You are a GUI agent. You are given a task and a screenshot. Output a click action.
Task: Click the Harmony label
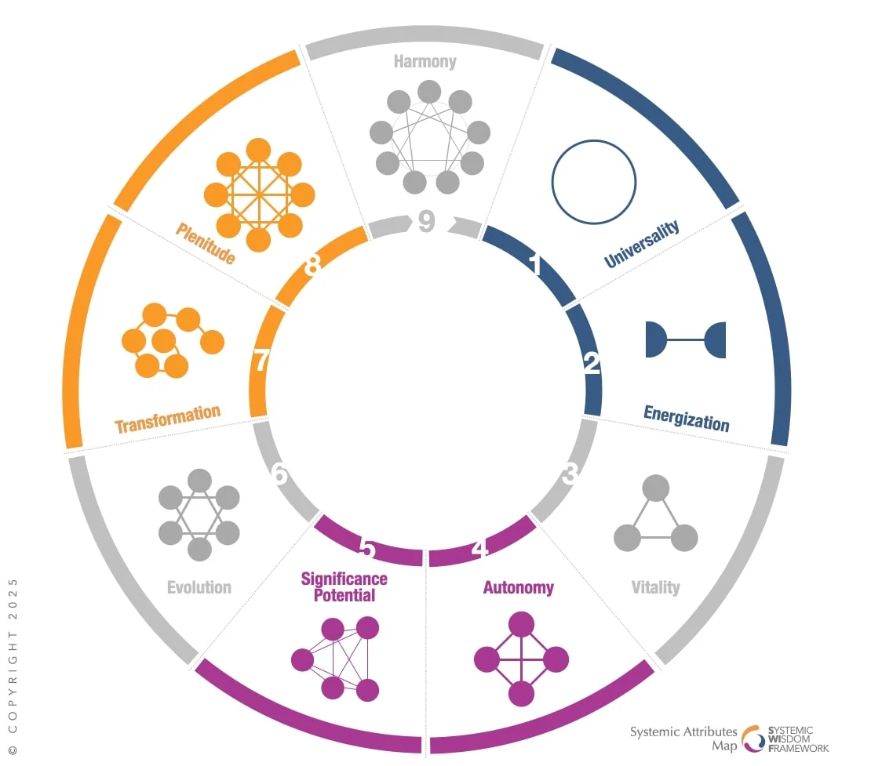tap(425, 61)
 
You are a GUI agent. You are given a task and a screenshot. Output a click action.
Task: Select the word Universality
tap(642, 244)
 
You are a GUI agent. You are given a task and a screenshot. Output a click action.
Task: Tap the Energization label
tap(687, 418)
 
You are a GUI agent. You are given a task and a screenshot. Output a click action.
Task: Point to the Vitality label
tap(656, 586)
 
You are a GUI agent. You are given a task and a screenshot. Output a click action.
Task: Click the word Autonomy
tap(518, 587)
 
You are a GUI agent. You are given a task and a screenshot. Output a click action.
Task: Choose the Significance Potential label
tap(344, 586)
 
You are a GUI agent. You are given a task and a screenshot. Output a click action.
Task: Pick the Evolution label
tap(199, 586)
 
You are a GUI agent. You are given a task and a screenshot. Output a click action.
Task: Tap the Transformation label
tap(167, 419)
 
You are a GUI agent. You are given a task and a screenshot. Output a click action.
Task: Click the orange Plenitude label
tap(205, 244)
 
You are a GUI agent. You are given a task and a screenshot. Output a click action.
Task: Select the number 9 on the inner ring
tap(426, 222)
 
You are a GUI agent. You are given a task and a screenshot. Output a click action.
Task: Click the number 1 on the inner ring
tap(536, 267)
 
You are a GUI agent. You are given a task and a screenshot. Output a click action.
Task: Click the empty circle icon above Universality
tap(593, 181)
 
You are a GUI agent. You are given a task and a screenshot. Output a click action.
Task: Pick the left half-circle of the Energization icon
tap(656, 339)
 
